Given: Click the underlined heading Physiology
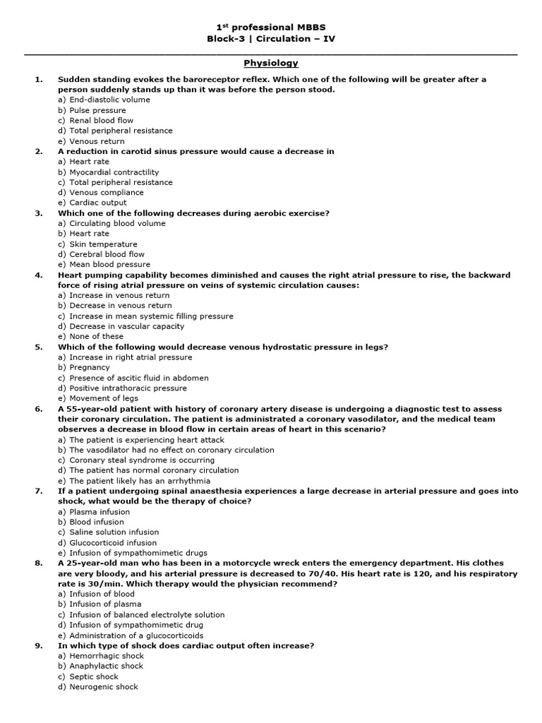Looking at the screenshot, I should (270, 63).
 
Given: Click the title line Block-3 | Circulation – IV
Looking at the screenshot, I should (270, 38).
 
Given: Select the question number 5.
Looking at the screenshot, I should (38, 347).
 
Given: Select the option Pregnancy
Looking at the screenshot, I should (84, 367).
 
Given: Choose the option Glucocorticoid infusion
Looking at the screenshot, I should (107, 542).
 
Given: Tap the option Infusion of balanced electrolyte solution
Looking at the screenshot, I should (140, 614).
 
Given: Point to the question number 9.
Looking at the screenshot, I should (38, 645).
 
